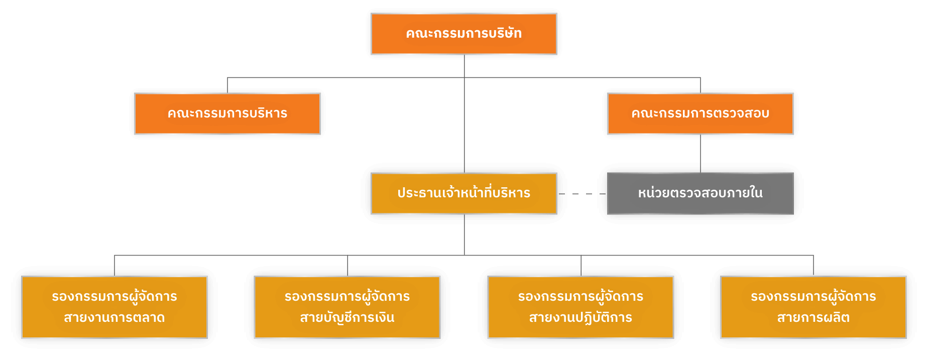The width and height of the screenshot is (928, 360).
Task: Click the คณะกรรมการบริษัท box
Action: (x=463, y=34)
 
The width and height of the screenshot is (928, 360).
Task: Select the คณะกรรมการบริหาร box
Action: (x=227, y=113)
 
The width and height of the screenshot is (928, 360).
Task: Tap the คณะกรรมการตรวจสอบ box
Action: (x=700, y=113)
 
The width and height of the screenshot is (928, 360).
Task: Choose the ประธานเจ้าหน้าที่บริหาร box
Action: (x=463, y=193)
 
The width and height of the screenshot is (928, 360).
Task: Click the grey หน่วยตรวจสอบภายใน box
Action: (x=700, y=193)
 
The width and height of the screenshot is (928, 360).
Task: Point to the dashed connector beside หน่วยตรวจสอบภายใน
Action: (x=582, y=193)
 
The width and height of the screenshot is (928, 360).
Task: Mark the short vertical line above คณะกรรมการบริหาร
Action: (x=227, y=85)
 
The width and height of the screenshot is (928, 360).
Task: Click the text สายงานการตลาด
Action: (x=114, y=318)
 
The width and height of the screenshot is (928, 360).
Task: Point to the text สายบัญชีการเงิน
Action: (x=347, y=318)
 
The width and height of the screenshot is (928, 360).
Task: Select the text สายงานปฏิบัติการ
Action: (x=581, y=318)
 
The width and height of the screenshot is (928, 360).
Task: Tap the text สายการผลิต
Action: (x=813, y=318)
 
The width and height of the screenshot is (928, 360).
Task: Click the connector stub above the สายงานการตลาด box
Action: (x=114, y=265)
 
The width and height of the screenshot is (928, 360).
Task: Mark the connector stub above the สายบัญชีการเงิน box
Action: (x=347, y=265)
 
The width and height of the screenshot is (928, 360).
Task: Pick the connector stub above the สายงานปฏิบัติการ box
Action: (x=581, y=265)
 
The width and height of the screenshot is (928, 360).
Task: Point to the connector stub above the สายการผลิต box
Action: (x=814, y=265)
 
